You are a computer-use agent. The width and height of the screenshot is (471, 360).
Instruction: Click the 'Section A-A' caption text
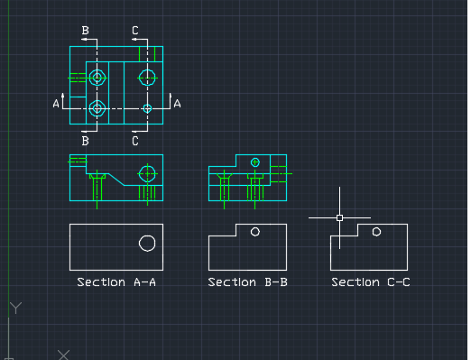tap(116, 282)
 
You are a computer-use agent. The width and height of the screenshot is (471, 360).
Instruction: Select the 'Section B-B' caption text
tap(248, 282)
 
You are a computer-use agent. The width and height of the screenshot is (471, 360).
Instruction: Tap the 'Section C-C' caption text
tap(371, 282)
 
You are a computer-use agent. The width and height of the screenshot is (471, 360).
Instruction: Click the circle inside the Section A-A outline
tap(147, 242)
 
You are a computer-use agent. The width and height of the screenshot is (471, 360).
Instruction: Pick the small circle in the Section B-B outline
tap(255, 232)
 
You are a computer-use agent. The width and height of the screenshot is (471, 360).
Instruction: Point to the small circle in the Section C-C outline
tap(377, 232)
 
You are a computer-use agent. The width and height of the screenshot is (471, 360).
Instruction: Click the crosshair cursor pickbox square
tap(339, 217)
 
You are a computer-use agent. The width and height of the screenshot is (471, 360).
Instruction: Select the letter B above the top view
tap(86, 31)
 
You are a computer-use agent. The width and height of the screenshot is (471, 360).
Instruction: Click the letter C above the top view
tap(135, 31)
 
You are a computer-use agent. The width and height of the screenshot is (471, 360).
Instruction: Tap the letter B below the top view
tap(86, 141)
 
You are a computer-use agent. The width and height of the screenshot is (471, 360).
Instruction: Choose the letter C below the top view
tap(135, 141)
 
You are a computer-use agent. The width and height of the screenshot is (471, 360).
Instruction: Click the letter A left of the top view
tap(56, 105)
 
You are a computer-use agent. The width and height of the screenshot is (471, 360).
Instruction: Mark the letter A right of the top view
tap(177, 105)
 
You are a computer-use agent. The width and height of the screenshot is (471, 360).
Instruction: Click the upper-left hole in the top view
tap(97, 78)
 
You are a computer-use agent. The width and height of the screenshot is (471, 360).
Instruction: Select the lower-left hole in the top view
tap(97, 108)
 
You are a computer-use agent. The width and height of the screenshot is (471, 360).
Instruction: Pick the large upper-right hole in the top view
tap(147, 78)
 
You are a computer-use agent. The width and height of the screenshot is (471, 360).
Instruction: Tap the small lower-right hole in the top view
tap(148, 108)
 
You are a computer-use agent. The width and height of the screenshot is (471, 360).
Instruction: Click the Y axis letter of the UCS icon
tap(14, 309)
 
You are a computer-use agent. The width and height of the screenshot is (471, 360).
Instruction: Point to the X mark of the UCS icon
tap(62, 355)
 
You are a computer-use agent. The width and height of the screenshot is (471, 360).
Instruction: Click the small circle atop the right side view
tap(255, 162)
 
